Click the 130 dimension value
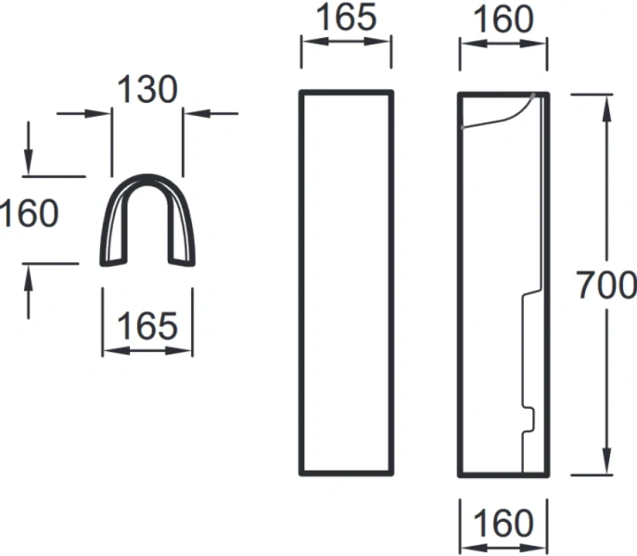[147, 90]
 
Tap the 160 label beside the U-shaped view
[29, 214]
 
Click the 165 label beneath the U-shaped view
[147, 325]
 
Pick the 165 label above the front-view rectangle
[346, 19]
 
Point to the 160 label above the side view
[503, 19]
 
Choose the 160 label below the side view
[503, 524]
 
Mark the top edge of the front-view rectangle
[346, 92]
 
